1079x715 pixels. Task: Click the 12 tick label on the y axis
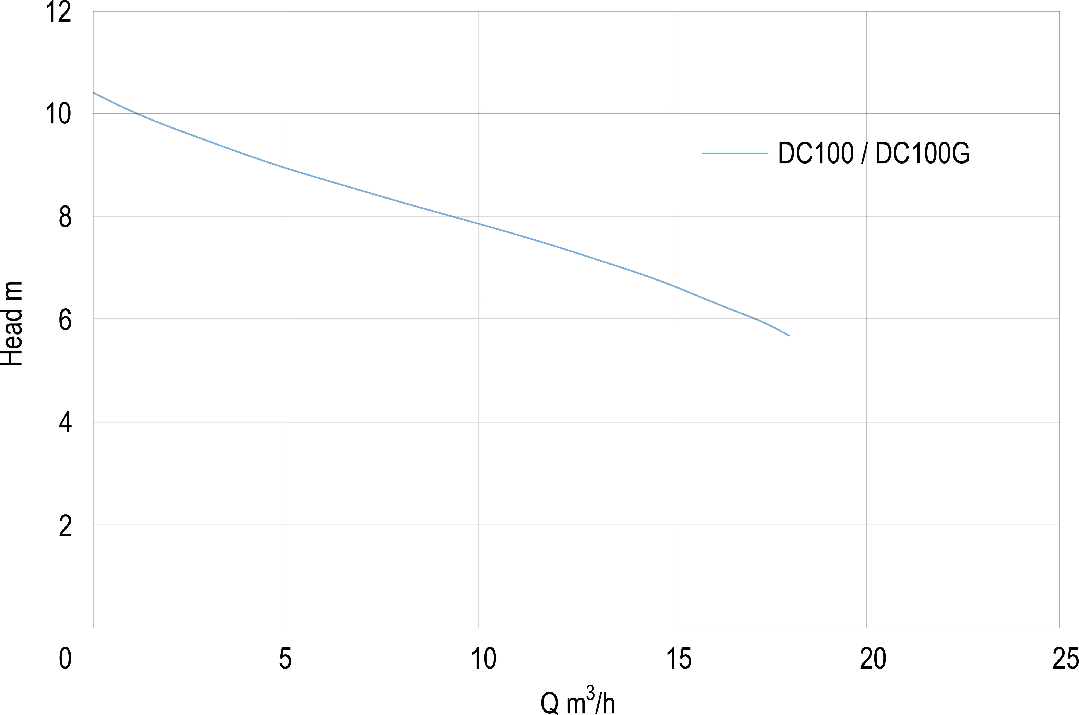tap(58, 12)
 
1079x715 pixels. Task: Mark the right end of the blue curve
tap(789, 336)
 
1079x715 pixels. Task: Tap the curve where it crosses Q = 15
tap(674, 286)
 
